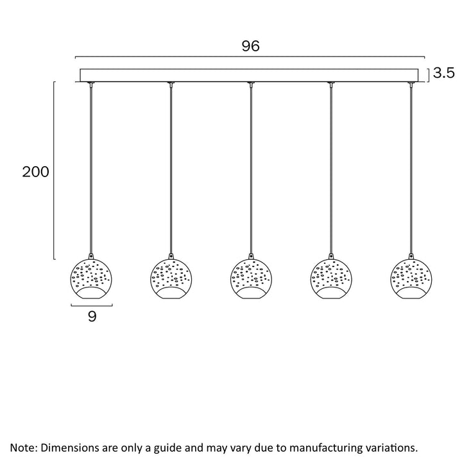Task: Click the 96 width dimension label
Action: coord(250,46)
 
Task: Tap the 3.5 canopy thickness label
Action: coord(444,73)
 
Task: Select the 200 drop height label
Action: coord(36,172)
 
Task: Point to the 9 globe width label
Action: coord(92,316)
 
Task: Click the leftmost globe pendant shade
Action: coord(91,278)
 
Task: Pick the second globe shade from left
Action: coord(171,278)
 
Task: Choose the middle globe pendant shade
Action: coord(251,278)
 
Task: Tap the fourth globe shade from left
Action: coord(331,278)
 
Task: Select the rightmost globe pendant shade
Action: coord(411,278)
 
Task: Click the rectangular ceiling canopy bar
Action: coord(249,75)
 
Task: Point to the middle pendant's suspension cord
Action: coord(251,170)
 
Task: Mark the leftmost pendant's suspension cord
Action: coord(91,170)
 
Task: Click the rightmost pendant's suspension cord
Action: coord(411,170)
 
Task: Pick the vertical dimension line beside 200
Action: coord(54,170)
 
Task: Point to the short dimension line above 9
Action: coord(92,305)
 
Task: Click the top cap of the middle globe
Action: coord(251,256)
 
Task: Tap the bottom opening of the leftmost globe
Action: coord(91,293)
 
